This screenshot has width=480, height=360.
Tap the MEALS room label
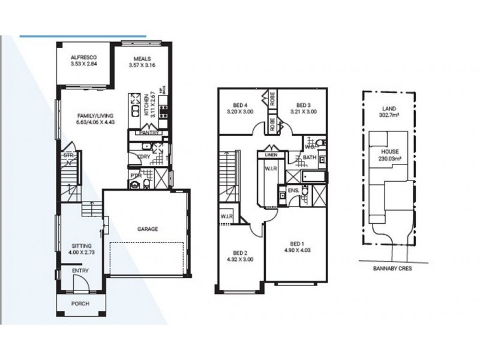(x=142, y=59)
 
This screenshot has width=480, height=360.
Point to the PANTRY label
(x=148, y=133)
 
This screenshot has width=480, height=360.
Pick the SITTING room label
(x=82, y=246)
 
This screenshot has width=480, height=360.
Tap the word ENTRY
(x=80, y=271)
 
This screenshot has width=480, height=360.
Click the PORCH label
(x=80, y=304)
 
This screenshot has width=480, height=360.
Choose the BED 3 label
(x=304, y=105)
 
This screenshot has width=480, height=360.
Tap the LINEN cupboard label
(x=270, y=155)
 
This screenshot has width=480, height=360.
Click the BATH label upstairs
(x=310, y=158)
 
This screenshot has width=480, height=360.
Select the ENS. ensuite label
(x=293, y=191)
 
